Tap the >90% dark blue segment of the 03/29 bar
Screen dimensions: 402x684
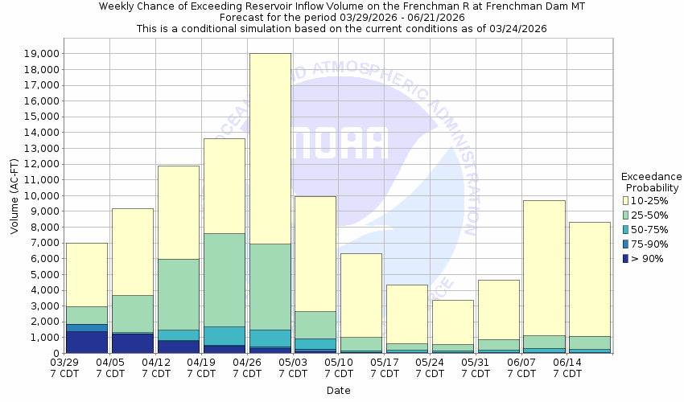coord(86,342)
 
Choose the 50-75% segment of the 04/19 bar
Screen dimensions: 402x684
coord(224,335)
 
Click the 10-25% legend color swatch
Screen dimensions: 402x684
coord(627,200)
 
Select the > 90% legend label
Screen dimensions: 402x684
coord(648,258)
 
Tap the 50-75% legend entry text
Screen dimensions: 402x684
coord(653,229)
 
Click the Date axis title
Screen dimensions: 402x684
coord(338,391)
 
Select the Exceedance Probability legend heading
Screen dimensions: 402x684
coord(652,183)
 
